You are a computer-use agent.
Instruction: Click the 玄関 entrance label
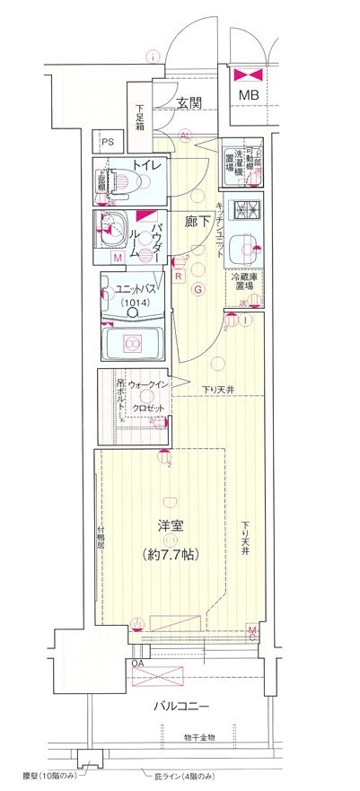(x=188, y=104)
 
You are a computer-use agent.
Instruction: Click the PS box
(x=108, y=143)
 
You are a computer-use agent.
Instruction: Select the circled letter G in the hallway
(x=198, y=289)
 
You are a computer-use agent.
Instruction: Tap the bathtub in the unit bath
(x=132, y=342)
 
